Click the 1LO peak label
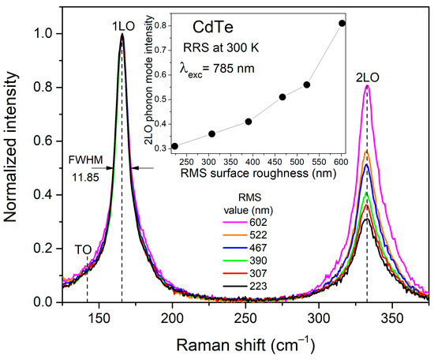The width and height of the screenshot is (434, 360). point(122,24)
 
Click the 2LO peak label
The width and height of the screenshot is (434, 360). point(367,77)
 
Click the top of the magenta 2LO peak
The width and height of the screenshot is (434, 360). point(367,87)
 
